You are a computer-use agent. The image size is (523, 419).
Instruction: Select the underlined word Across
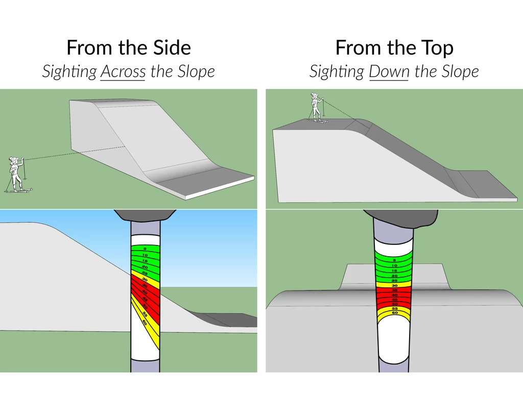point(123,71)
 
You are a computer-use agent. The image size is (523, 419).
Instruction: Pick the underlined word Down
point(389,71)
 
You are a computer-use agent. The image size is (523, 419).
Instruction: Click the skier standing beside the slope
point(16,174)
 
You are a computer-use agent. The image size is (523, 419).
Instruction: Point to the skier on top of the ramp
point(317,107)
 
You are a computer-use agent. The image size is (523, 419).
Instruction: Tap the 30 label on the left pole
point(145,280)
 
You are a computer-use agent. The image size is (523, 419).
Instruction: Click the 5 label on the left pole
point(145,249)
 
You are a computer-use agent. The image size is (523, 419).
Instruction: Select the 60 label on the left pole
point(145,323)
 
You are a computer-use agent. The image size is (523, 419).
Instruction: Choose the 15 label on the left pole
point(145,261)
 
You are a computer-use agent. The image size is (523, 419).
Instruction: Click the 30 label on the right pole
point(394,285)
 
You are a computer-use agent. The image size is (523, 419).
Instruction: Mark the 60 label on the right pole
point(394,312)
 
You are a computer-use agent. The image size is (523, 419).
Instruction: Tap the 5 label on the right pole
point(394,260)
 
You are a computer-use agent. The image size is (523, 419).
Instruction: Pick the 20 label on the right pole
point(394,276)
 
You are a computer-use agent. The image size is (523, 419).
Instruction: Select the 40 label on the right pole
point(394,295)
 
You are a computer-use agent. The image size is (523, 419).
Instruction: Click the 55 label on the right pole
point(394,308)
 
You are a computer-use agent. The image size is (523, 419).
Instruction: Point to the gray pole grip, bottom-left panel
point(145,215)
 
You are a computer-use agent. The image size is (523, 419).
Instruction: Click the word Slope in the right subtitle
point(460,71)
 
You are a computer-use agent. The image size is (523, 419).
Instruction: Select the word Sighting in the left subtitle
point(69,72)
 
